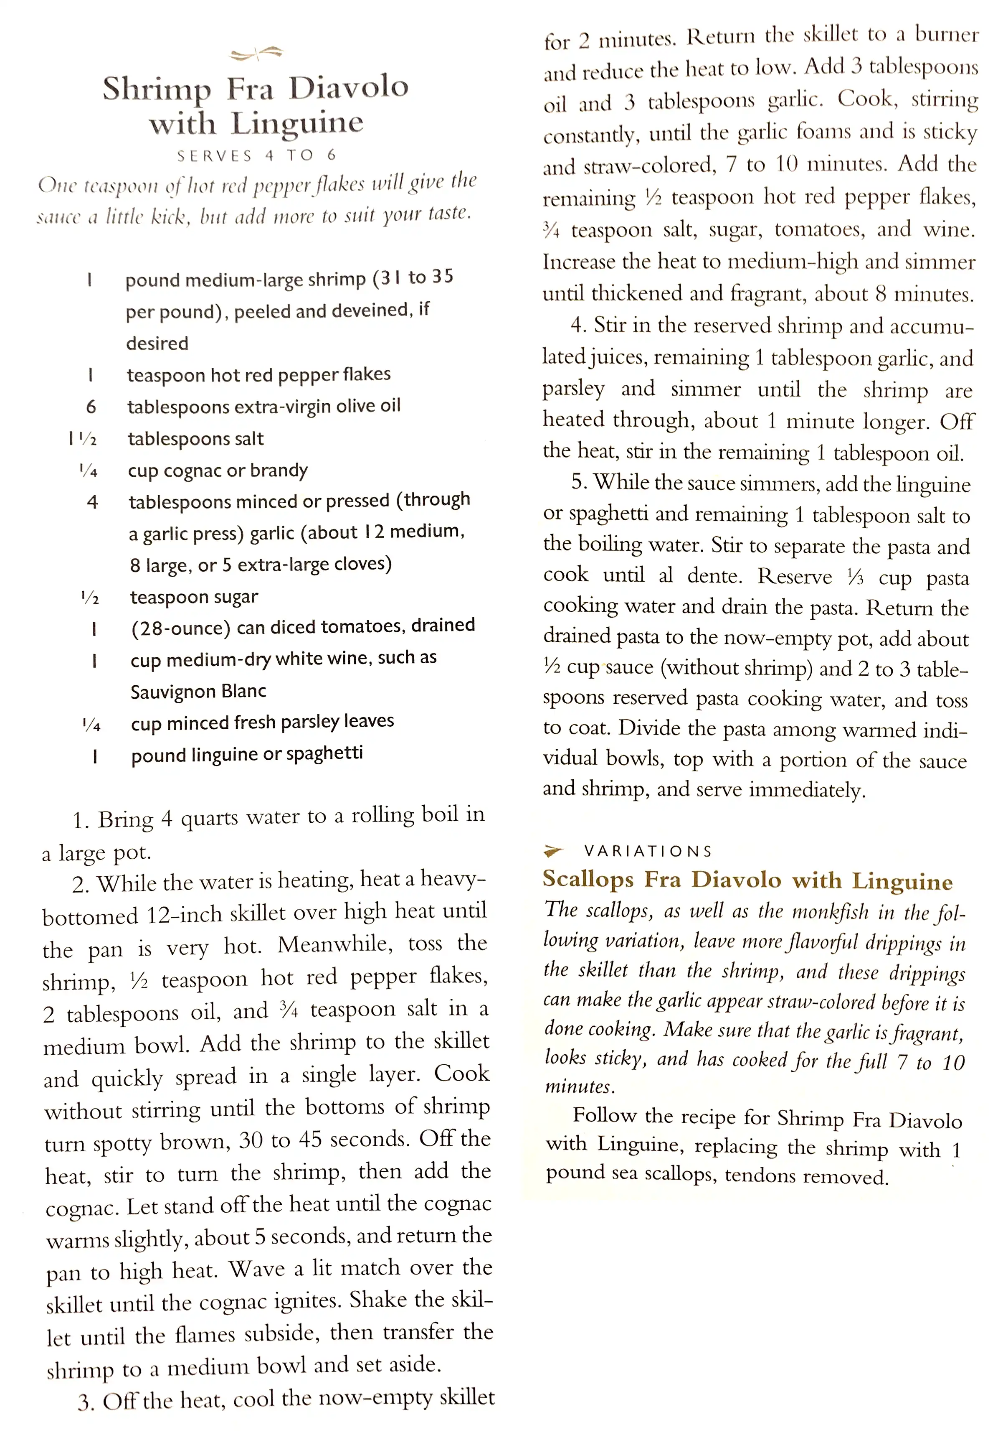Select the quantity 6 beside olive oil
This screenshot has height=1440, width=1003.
pos(91,407)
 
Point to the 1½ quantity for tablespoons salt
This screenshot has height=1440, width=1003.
pos(83,439)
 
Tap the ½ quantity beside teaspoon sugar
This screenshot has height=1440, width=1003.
pos(90,598)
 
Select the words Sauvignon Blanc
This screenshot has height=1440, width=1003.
pos(198,691)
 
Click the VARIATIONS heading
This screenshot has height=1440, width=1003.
pos(648,851)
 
